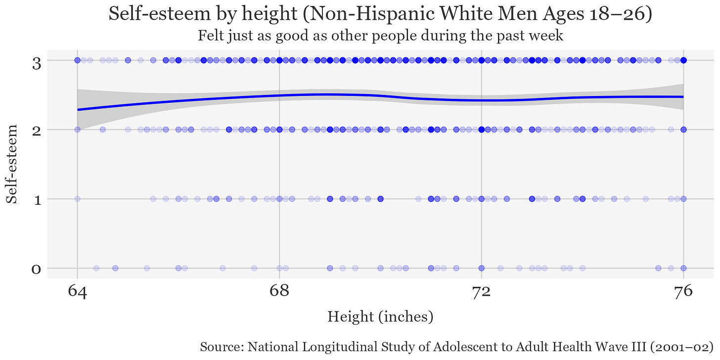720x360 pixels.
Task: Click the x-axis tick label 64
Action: tap(77, 293)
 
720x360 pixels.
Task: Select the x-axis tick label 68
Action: tap(279, 293)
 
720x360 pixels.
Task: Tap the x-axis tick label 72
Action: tap(481, 293)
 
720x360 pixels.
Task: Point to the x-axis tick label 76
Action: tap(683, 293)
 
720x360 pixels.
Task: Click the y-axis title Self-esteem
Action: tap(13, 164)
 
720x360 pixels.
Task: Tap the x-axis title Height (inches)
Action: tap(380, 316)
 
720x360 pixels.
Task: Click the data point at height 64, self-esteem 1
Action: tap(77, 199)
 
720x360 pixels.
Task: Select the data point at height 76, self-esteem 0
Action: tap(683, 268)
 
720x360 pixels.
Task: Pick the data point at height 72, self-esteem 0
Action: tap(481, 268)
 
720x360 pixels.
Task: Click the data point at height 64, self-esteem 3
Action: tap(77, 60)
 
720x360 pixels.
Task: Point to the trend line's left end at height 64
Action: tap(78, 110)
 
